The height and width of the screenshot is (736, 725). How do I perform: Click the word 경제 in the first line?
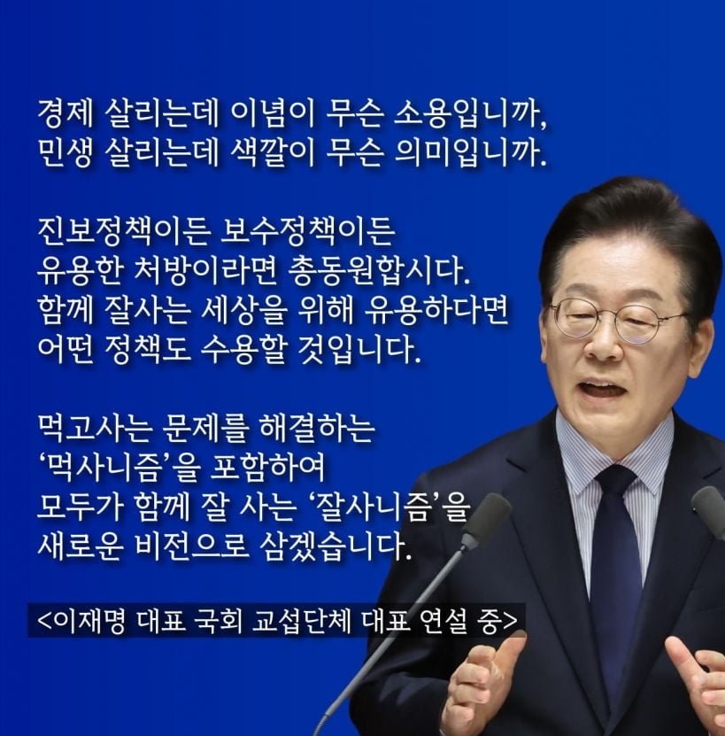click(66, 113)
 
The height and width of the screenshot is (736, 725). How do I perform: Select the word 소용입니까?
click(469, 114)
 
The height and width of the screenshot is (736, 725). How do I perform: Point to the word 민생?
click(66, 153)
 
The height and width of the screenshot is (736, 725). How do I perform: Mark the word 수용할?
click(243, 350)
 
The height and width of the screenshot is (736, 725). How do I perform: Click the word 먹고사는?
click(96, 428)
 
